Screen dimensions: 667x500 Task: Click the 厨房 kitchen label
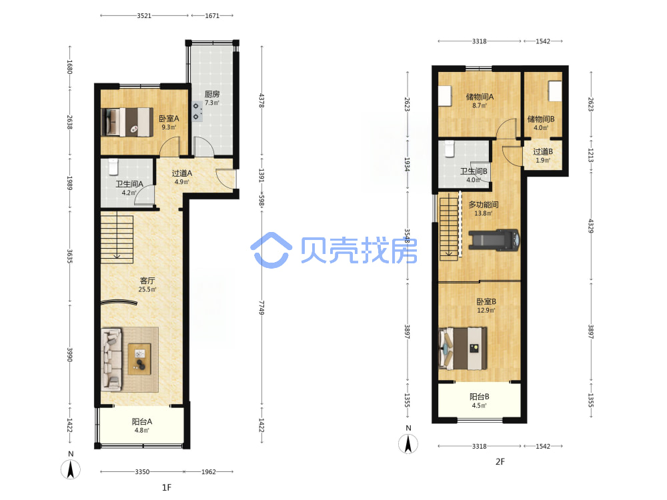212,94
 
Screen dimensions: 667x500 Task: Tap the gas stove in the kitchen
197,111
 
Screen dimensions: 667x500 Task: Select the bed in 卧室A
127,122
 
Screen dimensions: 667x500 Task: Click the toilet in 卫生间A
113,167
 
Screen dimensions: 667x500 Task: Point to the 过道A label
181,173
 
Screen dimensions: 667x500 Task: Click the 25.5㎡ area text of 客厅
147,289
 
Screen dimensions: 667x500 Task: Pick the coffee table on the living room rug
139,359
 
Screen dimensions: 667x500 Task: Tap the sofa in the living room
111,359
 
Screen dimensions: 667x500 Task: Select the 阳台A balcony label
141,421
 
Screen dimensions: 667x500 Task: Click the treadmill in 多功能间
494,239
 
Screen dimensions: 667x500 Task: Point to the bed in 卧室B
463,348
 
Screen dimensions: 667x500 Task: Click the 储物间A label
480,97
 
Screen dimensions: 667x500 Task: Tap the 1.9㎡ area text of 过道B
543,160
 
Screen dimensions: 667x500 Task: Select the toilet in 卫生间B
450,149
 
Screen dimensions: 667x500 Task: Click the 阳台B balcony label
479,397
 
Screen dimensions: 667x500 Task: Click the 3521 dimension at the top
144,16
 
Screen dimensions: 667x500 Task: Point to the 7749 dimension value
261,307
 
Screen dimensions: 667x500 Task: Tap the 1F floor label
166,487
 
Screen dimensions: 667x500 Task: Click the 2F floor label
500,462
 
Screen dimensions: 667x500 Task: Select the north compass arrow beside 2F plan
408,444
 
